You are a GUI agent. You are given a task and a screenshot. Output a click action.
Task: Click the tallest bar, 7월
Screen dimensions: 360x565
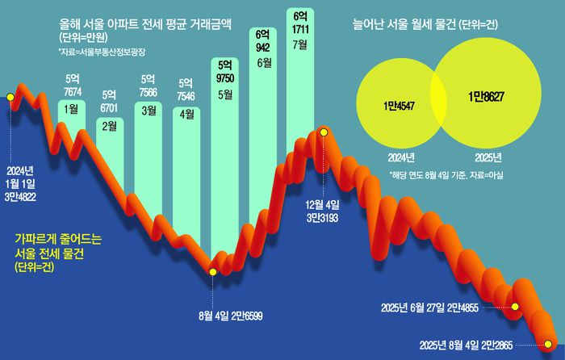tap(300, 81)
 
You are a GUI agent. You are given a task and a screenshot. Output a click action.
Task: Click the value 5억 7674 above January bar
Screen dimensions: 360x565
tap(71, 84)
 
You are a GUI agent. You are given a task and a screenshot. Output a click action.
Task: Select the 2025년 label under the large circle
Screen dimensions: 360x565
tap(485, 157)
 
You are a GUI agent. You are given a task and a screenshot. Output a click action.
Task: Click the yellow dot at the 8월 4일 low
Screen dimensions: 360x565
tap(212, 273)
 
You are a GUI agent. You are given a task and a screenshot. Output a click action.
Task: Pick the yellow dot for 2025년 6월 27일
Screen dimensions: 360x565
tap(515, 308)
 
